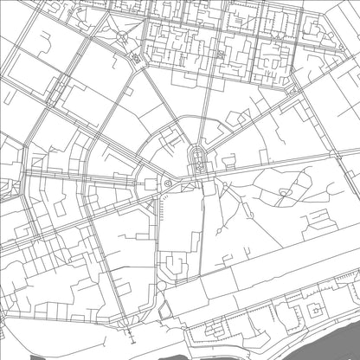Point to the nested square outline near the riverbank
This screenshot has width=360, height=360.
317,308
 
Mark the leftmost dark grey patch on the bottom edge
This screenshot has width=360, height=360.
35,355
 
